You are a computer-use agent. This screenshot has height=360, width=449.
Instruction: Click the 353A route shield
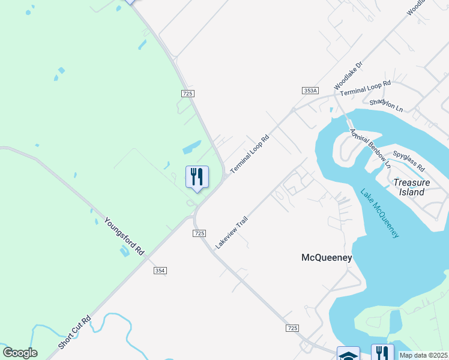[x=310, y=91]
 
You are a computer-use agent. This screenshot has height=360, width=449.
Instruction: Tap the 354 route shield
[x=160, y=271]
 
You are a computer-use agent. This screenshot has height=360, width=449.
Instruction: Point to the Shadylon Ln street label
[x=387, y=106]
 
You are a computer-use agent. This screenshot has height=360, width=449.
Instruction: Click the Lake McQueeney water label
[x=379, y=213]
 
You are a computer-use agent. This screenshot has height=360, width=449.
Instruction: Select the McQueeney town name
[x=326, y=258]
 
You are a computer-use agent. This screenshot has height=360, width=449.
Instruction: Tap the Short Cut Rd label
[x=74, y=332]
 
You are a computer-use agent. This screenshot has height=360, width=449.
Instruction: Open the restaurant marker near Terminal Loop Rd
[x=197, y=177]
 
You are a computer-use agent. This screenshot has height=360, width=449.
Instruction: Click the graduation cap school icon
[x=348, y=354]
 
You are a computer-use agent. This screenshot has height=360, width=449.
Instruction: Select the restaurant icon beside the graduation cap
[x=382, y=353]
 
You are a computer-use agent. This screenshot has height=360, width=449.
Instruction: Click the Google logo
[x=20, y=353]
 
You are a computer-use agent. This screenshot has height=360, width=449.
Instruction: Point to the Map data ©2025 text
[x=423, y=355]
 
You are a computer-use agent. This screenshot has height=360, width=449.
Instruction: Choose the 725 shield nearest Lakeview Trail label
[x=200, y=233]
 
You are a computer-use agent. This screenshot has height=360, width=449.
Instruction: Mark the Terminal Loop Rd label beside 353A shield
[x=365, y=89]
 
